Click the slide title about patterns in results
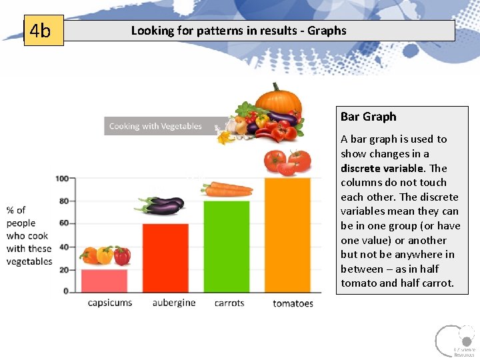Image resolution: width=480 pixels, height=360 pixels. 239,31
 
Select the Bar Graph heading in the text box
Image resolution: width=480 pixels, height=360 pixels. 368,117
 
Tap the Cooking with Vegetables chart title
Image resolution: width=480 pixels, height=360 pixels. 155,126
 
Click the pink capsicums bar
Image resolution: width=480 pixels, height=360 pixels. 105,280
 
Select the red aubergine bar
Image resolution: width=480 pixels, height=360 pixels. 165,257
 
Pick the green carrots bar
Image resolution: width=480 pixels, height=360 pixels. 227,246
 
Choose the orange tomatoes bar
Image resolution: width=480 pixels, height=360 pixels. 287,235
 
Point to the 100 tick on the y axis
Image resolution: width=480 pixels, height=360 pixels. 61,179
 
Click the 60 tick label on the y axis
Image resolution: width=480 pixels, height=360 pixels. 63,223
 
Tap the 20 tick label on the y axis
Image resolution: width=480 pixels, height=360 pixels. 63,269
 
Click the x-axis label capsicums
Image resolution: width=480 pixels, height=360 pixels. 110,303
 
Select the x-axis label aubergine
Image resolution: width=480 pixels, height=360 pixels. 174,303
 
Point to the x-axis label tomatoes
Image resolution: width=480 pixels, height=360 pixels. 293,303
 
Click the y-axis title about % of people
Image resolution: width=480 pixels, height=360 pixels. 29,236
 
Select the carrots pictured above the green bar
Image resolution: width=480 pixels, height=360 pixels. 227,189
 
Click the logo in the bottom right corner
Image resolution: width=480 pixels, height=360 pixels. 455,341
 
